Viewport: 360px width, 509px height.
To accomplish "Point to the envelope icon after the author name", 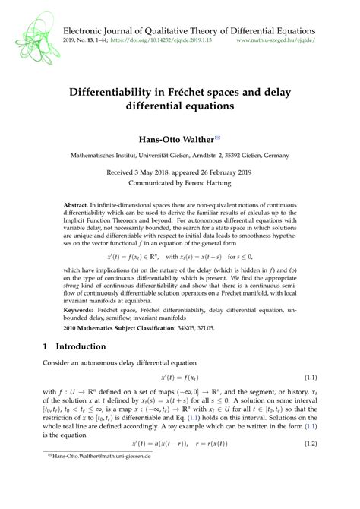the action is point(217,136).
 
